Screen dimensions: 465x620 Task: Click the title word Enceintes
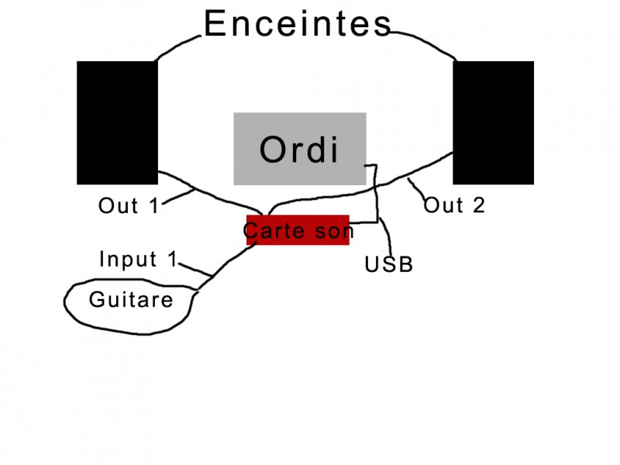click(x=298, y=24)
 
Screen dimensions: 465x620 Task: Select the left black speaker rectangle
click(x=117, y=122)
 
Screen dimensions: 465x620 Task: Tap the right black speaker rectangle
click(x=493, y=122)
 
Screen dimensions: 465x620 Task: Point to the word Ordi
click(x=299, y=150)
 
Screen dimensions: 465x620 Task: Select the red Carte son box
click(x=298, y=230)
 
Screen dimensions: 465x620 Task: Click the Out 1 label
click(x=129, y=206)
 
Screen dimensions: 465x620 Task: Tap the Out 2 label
click(x=454, y=205)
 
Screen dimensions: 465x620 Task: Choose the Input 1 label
click(x=139, y=260)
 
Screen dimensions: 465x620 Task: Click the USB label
click(x=389, y=265)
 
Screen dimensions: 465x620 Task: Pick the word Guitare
click(x=131, y=299)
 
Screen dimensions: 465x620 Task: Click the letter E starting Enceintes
click(x=215, y=24)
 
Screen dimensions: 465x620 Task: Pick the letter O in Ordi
click(x=273, y=150)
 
